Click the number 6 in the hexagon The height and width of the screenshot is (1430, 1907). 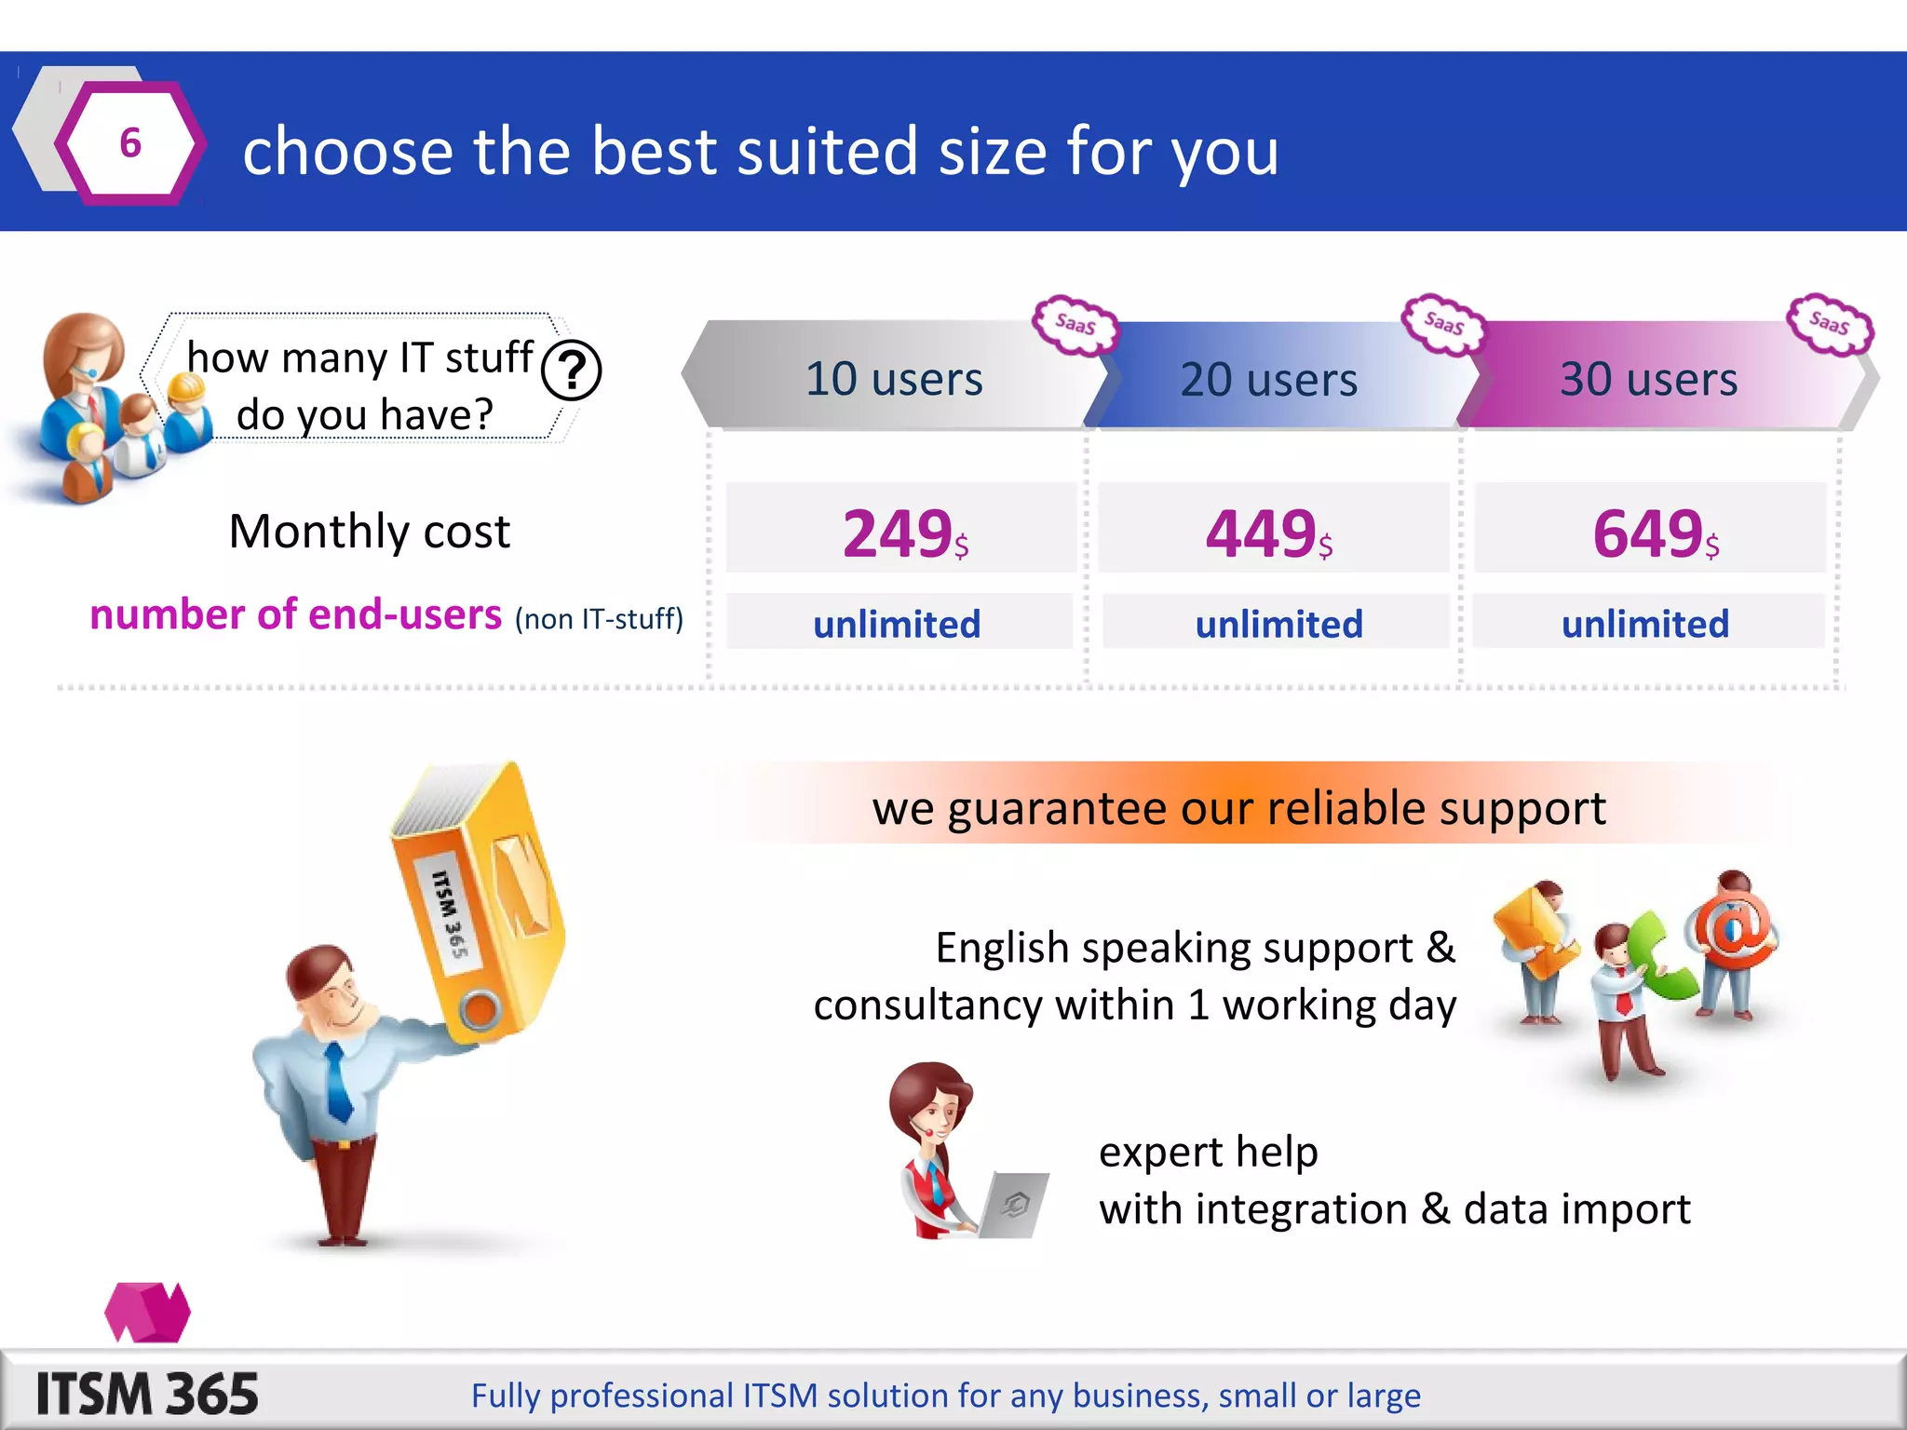pos(130,143)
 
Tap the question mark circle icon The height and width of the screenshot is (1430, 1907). pos(571,371)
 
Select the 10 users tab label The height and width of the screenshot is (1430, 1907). pos(894,379)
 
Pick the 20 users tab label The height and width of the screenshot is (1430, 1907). pos(1268,380)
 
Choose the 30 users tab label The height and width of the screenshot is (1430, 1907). pos(1648,379)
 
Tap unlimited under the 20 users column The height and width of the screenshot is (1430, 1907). pos(1278,624)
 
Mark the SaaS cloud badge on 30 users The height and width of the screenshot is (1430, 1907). pos(1829,324)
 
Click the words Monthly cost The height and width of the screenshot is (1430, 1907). pos(370,532)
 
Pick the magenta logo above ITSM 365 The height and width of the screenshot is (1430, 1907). pos(147,1312)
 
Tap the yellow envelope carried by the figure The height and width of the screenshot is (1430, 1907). pos(1532,931)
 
